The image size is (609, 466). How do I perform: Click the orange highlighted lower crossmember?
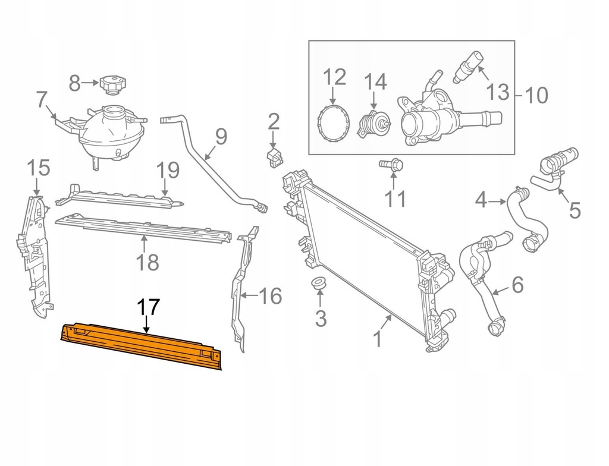pyautogui.click(x=140, y=345)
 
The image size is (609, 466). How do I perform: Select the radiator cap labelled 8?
pyautogui.click(x=111, y=84)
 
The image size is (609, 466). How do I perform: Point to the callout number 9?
pyautogui.click(x=221, y=137)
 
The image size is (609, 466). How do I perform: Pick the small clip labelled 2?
pyautogui.click(x=274, y=157)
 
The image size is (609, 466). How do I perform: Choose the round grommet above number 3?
pyautogui.click(x=320, y=284)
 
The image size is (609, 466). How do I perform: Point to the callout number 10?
pyautogui.click(x=536, y=95)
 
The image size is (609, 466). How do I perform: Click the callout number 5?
pyautogui.click(x=575, y=210)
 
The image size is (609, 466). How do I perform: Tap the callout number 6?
pyautogui.click(x=517, y=285)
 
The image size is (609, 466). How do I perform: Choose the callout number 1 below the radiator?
pyautogui.click(x=376, y=339)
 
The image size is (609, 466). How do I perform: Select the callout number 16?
pyautogui.click(x=271, y=295)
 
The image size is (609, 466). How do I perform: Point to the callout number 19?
pyautogui.click(x=168, y=171)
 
